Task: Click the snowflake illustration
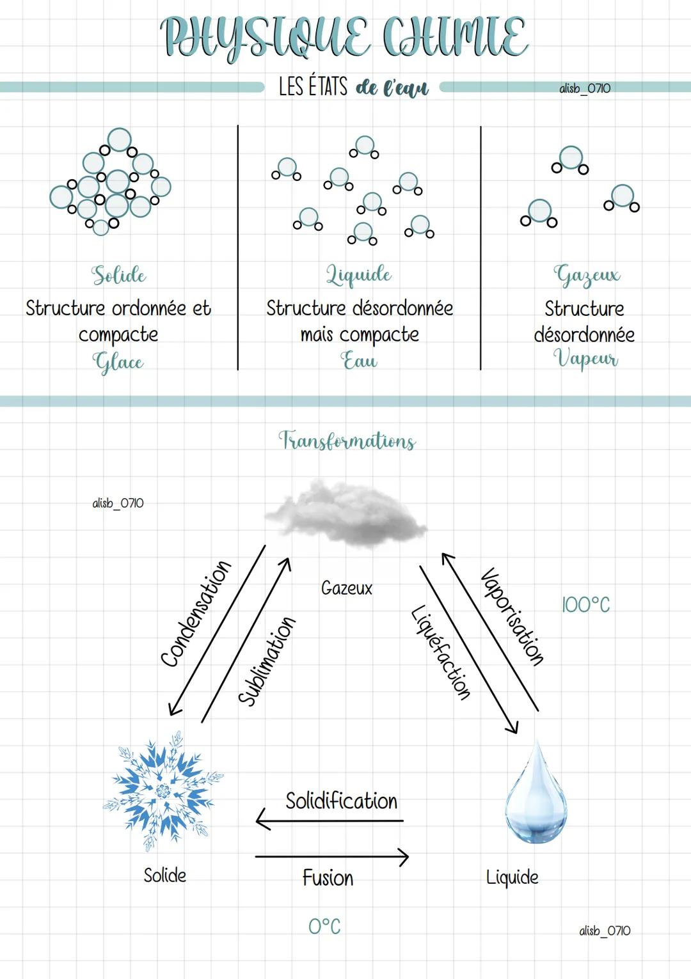pyautogui.click(x=163, y=791)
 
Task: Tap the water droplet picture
pyautogui.click(x=536, y=794)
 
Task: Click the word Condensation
pyautogui.click(x=196, y=614)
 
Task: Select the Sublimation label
pyautogui.click(x=267, y=661)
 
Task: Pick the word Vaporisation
pyautogui.click(x=512, y=616)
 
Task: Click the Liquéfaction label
pyautogui.click(x=441, y=652)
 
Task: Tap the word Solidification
pyautogui.click(x=341, y=801)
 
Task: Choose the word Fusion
pyautogui.click(x=328, y=877)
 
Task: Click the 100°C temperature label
pyautogui.click(x=585, y=604)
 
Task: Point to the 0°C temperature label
pyautogui.click(x=324, y=926)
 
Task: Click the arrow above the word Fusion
pyautogui.click(x=331, y=857)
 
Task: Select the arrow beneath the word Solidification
pyautogui.click(x=330, y=820)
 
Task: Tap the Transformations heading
pyautogui.click(x=347, y=441)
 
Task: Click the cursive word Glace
pyautogui.click(x=118, y=362)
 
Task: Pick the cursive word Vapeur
pyautogui.click(x=585, y=358)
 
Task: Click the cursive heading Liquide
pyautogui.click(x=359, y=274)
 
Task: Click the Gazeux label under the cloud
pyautogui.click(x=346, y=588)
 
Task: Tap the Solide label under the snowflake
pyautogui.click(x=165, y=875)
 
